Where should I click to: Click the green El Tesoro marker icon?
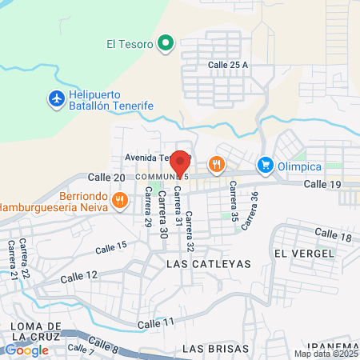(166, 43)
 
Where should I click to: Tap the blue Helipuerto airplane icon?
(56, 98)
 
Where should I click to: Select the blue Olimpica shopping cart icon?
(265, 166)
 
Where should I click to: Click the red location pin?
(181, 162)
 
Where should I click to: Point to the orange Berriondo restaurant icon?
(118, 199)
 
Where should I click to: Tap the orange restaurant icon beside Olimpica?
(215, 166)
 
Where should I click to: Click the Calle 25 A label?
(229, 64)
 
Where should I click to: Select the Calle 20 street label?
(106, 177)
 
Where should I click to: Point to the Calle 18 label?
(333, 234)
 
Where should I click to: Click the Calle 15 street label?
(110, 246)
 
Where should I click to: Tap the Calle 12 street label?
(80, 275)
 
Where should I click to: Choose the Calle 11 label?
(156, 322)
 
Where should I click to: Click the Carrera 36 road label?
(253, 207)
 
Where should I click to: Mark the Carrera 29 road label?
(147, 209)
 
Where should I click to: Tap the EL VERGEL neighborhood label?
(302, 253)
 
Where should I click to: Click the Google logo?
(26, 350)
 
